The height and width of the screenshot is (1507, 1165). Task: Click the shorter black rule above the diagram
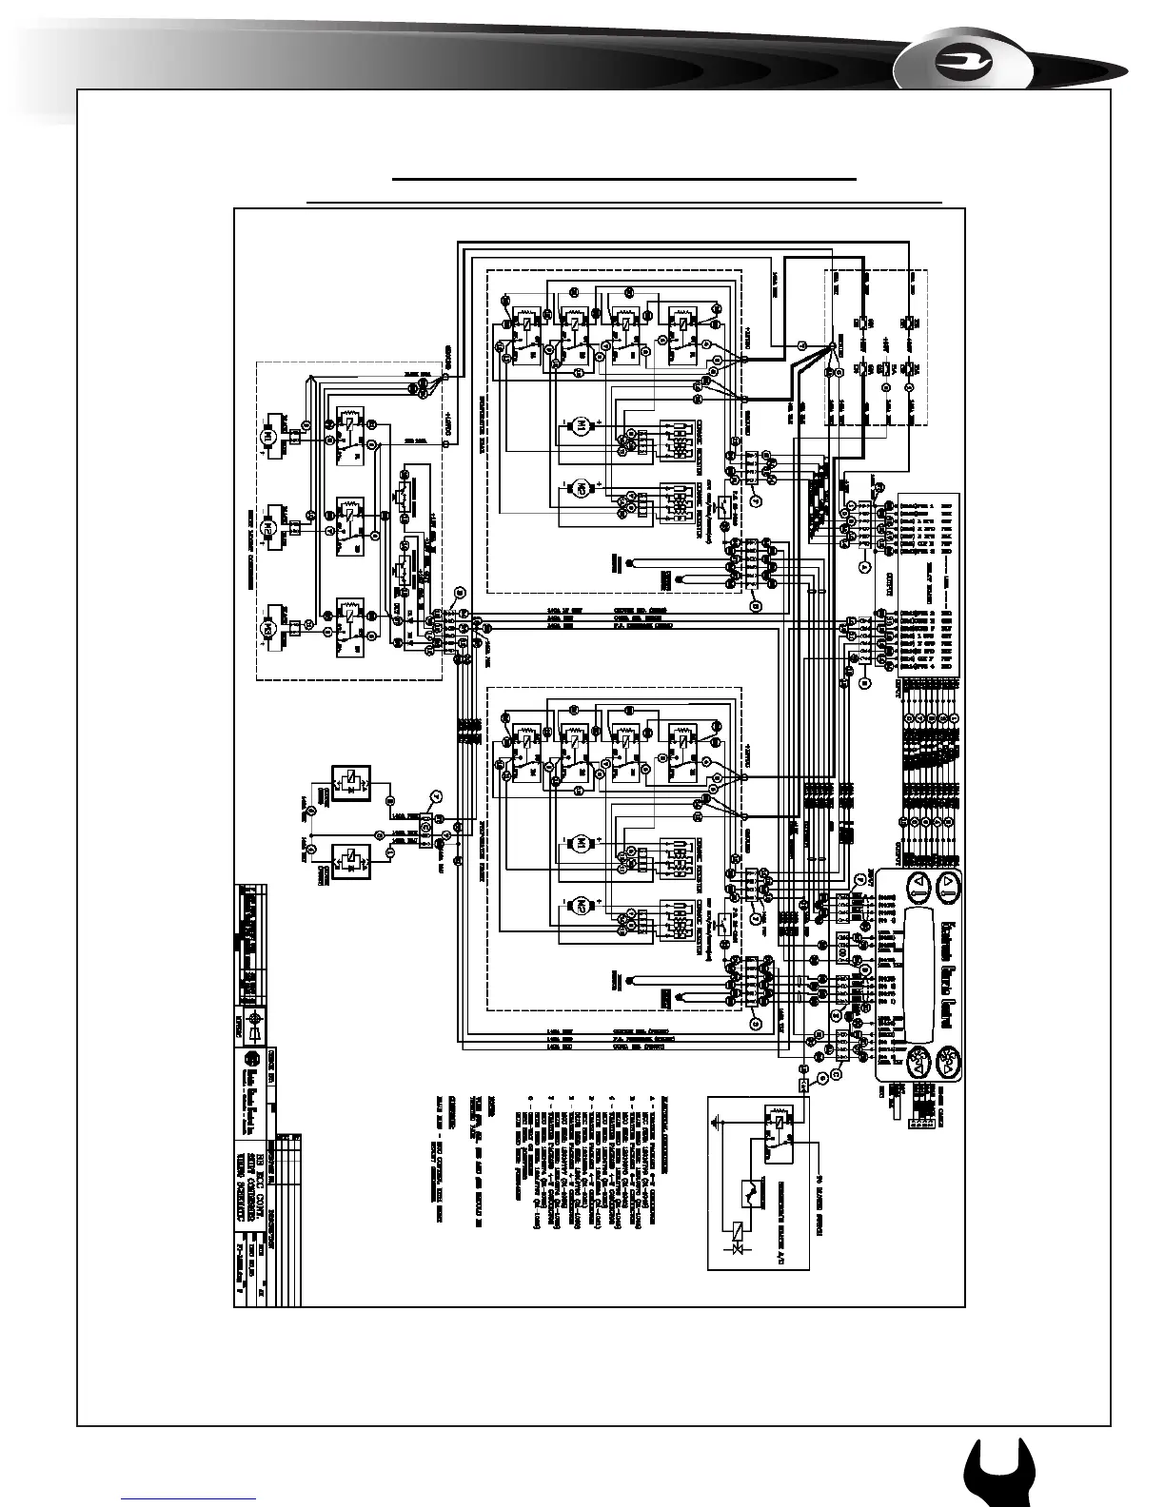click(625, 178)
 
